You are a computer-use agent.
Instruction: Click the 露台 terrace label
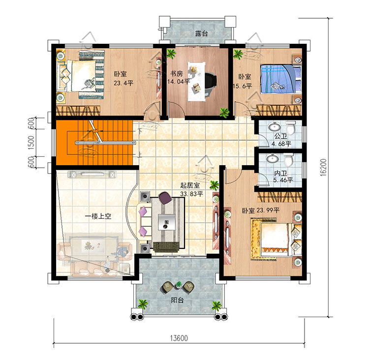point(202,33)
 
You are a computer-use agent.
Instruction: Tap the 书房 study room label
point(177,74)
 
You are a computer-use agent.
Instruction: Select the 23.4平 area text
point(123,83)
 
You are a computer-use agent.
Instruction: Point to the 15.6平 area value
point(243,86)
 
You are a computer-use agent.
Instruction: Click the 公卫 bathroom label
point(281,136)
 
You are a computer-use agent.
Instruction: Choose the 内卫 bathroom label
point(280,174)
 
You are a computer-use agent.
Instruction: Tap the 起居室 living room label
point(190,185)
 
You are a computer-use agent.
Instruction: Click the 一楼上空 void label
point(98,216)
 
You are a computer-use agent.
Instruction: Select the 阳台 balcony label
point(178,300)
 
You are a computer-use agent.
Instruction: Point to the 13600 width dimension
point(179,338)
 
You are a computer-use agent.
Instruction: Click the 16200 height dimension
point(323,167)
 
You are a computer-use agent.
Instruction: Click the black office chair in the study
point(210,84)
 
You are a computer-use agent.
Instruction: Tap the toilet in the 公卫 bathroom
point(290,127)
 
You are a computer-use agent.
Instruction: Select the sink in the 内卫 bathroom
point(273,158)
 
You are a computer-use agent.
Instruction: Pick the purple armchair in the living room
point(165,198)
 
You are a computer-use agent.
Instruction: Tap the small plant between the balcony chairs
point(179,285)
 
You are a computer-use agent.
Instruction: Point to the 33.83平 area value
point(191,194)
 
